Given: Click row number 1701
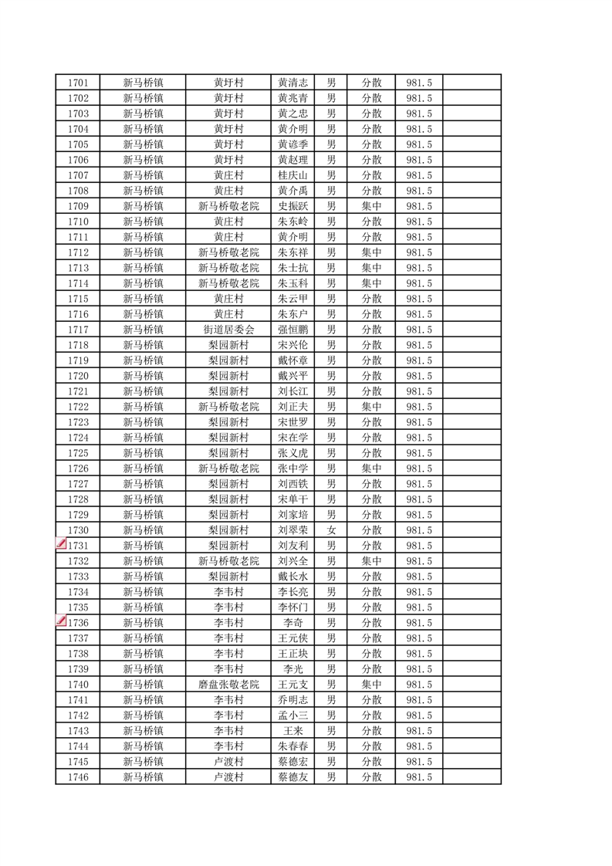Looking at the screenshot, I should [x=78, y=83].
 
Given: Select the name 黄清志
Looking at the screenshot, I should [x=293, y=83].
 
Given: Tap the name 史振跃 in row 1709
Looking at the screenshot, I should [x=293, y=206].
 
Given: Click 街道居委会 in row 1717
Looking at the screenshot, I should [x=228, y=330].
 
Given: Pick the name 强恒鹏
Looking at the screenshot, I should [x=293, y=330].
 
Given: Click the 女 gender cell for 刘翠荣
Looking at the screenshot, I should [x=331, y=530].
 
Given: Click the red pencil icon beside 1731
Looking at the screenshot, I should [x=61, y=544].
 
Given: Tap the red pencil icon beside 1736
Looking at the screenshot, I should [x=61, y=621].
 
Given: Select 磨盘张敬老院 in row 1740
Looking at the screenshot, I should [x=228, y=685].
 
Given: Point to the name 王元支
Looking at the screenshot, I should [x=293, y=685].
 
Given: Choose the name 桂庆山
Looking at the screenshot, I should [x=293, y=175].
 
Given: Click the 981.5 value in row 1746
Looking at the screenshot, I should [x=418, y=777].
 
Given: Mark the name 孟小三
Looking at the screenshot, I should [x=293, y=715].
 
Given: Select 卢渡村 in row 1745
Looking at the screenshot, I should [x=228, y=762].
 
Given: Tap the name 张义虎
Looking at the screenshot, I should [x=293, y=453].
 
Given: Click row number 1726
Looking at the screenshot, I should [x=78, y=469].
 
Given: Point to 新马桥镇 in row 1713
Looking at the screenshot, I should [x=143, y=268].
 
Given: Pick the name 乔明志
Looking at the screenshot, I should [x=293, y=700].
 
